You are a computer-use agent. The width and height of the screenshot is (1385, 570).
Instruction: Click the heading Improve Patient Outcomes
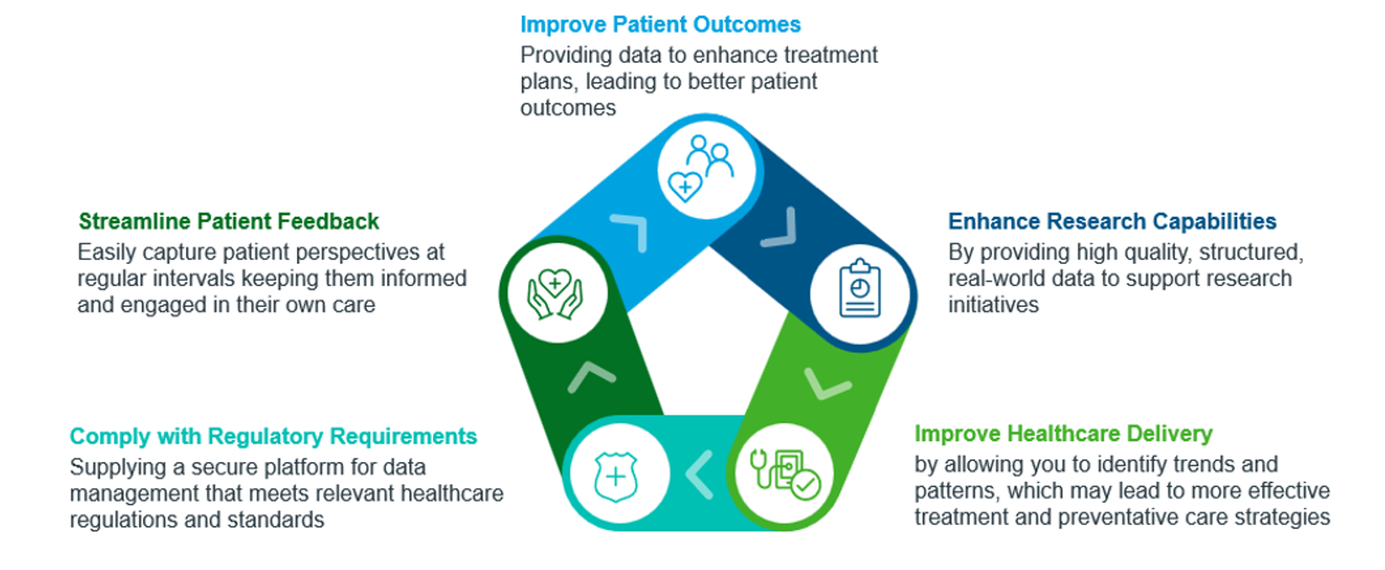point(660,25)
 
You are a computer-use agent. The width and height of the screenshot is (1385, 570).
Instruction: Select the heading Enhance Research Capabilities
point(1112,221)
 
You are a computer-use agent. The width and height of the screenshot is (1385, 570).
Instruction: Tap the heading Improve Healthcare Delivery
point(1063,433)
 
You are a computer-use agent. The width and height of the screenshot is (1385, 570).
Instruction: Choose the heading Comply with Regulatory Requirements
point(273,436)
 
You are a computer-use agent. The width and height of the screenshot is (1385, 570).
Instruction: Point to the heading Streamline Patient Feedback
point(229,221)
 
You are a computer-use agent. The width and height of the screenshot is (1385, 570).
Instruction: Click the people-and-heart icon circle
point(708,169)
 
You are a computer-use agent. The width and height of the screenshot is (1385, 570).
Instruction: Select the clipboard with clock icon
point(860,290)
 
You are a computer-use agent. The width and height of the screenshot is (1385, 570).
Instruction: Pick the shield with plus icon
point(615,475)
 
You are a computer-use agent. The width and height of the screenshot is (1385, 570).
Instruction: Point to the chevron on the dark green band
point(590,375)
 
